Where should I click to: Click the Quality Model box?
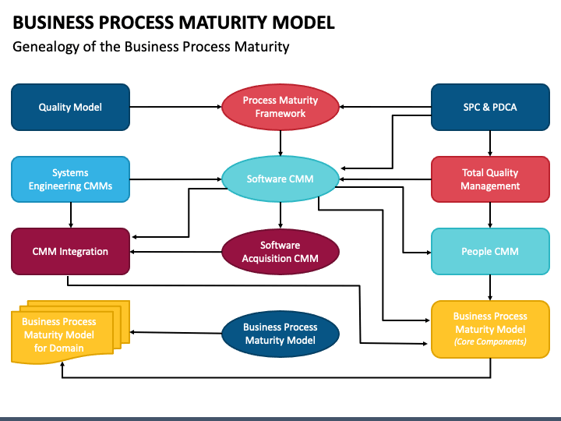[70, 107]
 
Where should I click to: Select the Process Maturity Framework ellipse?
[280, 107]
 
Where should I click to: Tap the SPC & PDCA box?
[490, 107]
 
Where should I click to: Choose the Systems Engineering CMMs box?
[70, 179]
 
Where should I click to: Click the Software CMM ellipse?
[280, 179]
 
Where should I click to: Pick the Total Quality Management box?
[490, 179]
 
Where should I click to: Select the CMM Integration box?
[70, 251]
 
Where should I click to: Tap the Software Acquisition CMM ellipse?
[280, 252]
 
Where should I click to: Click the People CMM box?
[490, 251]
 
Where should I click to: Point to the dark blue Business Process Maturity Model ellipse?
[280, 334]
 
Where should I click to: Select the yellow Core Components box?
[490, 329]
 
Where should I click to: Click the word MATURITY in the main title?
[223, 22]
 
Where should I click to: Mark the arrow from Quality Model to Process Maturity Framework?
[175, 107]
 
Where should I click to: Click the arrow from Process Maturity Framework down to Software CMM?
[280, 143]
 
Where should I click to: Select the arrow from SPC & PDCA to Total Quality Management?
[490, 143]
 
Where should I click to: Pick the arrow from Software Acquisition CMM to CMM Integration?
[175, 252]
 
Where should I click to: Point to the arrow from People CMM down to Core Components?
[490, 288]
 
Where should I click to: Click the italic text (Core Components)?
[490, 341]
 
